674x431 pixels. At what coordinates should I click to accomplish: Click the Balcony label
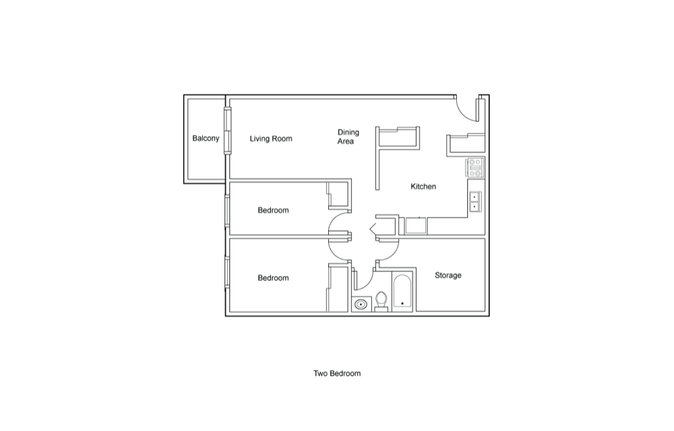click(x=206, y=138)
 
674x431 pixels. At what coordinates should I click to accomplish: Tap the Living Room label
click(x=271, y=139)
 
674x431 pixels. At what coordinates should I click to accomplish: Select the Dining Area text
click(x=348, y=137)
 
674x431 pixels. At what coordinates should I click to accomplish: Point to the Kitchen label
click(x=423, y=187)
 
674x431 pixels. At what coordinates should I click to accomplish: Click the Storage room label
click(x=448, y=275)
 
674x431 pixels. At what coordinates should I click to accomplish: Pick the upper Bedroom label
click(x=273, y=210)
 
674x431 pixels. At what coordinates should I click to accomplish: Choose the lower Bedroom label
click(x=273, y=277)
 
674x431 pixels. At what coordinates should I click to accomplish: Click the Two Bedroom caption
click(x=337, y=374)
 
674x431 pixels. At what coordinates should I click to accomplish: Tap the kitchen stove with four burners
click(x=475, y=168)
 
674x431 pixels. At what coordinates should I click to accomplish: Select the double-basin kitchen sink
click(x=474, y=202)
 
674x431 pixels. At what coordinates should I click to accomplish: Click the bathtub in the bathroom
click(x=402, y=292)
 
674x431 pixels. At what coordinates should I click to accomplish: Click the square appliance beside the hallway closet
click(x=416, y=226)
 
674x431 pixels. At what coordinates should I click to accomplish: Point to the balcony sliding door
click(x=227, y=131)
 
